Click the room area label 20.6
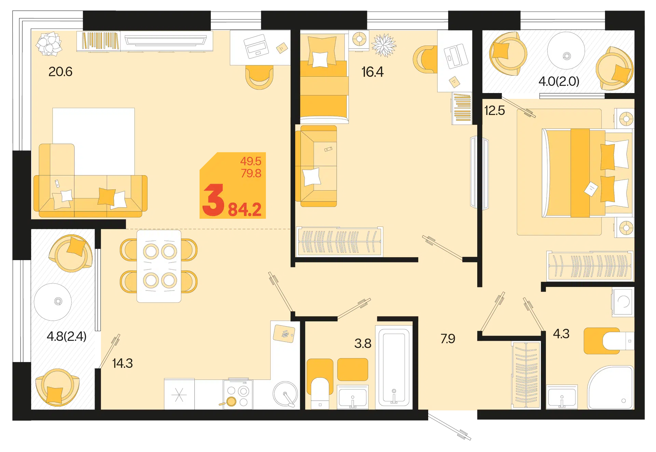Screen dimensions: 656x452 (60, 72)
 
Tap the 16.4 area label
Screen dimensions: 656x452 (372, 72)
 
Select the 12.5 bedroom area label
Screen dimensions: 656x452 (494, 111)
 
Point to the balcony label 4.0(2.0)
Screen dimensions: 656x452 (559, 81)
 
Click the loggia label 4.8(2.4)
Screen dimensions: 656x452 (67, 336)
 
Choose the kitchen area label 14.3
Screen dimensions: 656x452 (122, 363)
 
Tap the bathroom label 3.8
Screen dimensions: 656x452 (363, 344)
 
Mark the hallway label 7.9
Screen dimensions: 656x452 (448, 339)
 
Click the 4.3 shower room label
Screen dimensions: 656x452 (561, 334)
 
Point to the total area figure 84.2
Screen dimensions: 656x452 (245, 209)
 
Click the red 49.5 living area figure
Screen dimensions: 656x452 (251, 161)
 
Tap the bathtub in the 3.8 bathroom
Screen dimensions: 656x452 (394, 366)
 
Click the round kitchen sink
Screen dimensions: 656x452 (285, 394)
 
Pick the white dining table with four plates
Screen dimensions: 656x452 (159, 266)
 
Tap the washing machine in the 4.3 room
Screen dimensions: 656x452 (623, 302)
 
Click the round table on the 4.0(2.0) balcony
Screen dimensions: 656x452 (566, 51)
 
